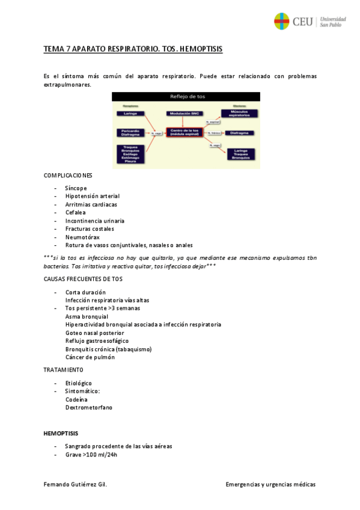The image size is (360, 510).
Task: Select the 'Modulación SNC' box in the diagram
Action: tap(184, 113)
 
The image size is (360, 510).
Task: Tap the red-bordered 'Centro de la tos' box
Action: tap(184, 132)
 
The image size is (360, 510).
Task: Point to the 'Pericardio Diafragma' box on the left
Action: tap(132, 133)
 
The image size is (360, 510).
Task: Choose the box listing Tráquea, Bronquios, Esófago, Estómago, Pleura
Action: tap(132, 153)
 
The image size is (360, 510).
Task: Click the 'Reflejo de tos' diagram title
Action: tap(185, 96)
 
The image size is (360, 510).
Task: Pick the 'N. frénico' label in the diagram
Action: tap(215, 132)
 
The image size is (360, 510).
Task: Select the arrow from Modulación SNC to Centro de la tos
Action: tap(184, 121)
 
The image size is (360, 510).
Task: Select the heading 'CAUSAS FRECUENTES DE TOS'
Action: tap(83, 279)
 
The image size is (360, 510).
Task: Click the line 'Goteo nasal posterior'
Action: tap(94, 333)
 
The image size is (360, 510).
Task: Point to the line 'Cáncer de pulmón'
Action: tap(90, 357)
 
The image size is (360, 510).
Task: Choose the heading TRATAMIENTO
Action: tap(64, 369)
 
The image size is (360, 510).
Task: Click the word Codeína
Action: tap(76, 399)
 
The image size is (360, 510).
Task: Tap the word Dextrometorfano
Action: tap(88, 407)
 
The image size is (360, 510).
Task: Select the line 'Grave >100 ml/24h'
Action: tap(91, 455)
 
